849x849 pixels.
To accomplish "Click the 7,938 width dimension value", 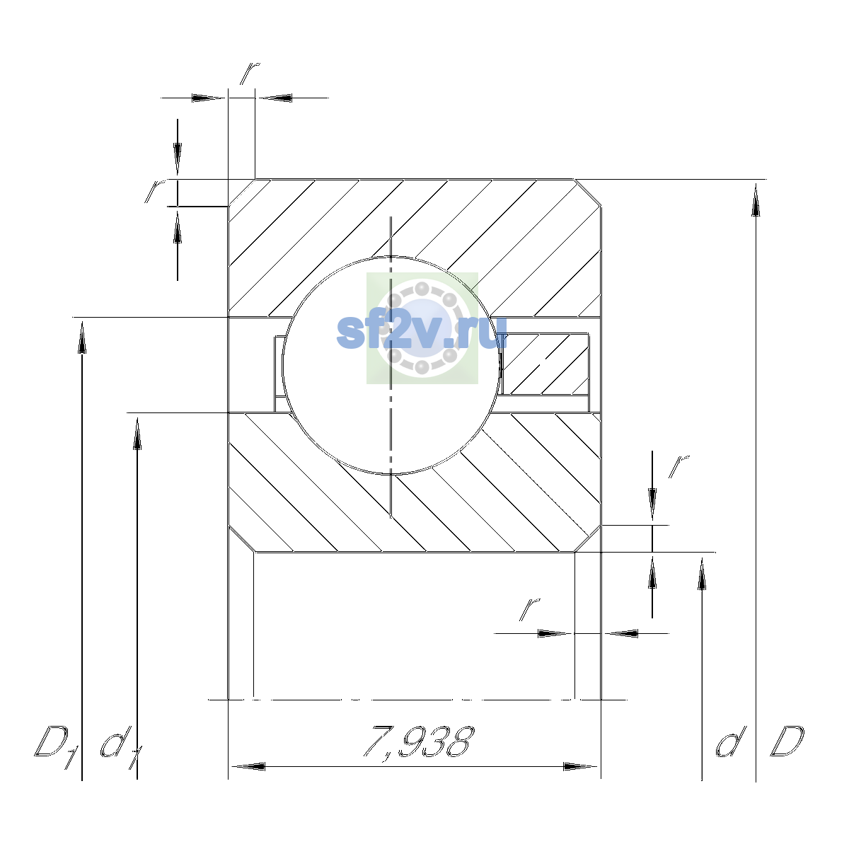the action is (x=419, y=744).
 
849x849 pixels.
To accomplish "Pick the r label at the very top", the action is (x=249, y=73).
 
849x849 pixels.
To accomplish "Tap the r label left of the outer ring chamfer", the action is (x=155, y=191).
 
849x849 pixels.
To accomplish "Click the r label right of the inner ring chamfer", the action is (x=678, y=466).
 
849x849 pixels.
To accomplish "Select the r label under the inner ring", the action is (x=530, y=610).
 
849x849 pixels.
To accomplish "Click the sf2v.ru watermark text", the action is (x=422, y=333).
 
